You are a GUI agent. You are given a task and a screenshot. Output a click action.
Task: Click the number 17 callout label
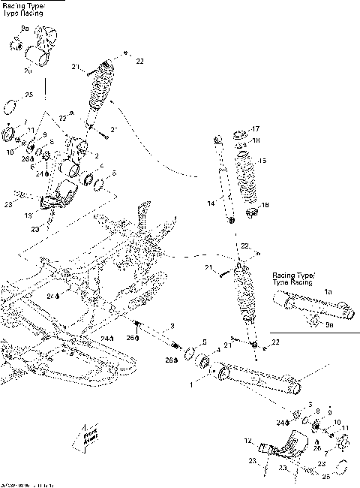[255, 128]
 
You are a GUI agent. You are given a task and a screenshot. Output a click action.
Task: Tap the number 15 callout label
[262, 161]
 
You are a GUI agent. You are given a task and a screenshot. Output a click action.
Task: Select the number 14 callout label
[211, 203]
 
